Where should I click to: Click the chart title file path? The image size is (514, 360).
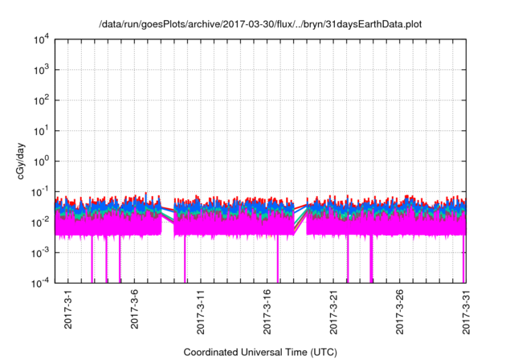click(x=259, y=25)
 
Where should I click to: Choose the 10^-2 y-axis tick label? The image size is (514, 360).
click(x=41, y=222)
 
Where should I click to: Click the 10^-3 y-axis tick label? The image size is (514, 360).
click(x=41, y=252)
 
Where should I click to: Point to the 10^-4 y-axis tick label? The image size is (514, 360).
click(x=41, y=283)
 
